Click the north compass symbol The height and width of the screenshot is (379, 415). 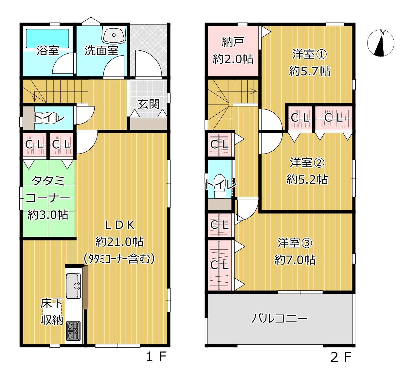(x=380, y=43)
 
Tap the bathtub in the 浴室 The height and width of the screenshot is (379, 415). (x=47, y=39)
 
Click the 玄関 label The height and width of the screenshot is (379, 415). (x=148, y=104)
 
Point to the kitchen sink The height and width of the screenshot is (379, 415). (x=73, y=286)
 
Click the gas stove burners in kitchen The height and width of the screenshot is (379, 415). (x=73, y=331)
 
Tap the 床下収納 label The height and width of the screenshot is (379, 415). (x=52, y=312)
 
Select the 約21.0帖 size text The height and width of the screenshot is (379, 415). (x=119, y=242)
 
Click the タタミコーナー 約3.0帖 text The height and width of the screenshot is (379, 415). (x=48, y=198)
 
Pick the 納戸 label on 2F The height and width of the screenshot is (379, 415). (x=233, y=42)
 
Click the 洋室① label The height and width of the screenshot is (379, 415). (x=309, y=54)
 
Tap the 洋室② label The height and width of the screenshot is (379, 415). (x=307, y=162)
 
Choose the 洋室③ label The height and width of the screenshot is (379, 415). (x=295, y=243)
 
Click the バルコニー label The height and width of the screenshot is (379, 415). (x=280, y=318)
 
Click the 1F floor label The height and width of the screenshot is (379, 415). (x=156, y=357)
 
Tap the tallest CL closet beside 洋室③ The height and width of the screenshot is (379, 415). (x=219, y=265)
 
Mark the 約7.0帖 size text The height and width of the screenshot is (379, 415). (x=295, y=260)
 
